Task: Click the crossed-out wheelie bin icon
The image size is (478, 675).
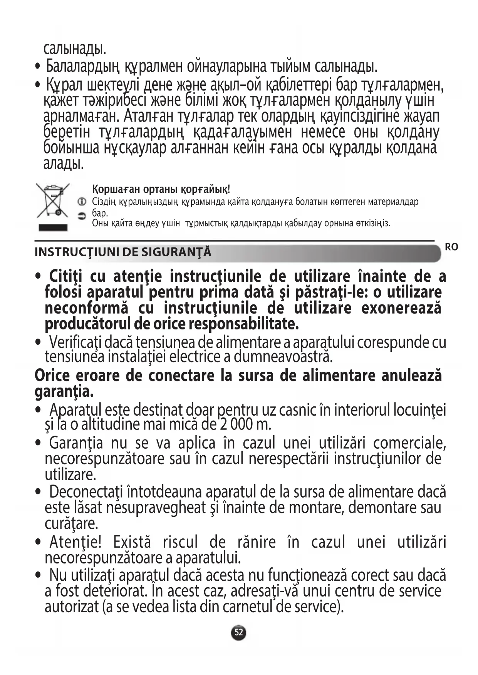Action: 53,200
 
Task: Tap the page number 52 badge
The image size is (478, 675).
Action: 239,632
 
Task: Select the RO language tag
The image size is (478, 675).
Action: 451,247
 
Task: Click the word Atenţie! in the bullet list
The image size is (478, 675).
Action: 75,542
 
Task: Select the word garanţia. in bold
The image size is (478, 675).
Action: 64,392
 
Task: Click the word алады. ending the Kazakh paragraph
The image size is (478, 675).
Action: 64,164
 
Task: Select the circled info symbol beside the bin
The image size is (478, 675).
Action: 82,201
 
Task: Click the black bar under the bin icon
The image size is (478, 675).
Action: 53,227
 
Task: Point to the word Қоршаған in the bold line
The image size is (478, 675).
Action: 116,189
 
